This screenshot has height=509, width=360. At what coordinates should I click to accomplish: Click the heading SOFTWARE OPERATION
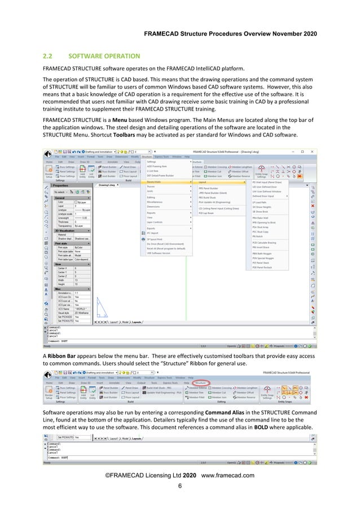(x=104, y=56)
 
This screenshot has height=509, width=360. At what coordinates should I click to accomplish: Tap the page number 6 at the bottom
(x=180, y=486)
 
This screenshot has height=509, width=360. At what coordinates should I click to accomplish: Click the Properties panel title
(x=61, y=185)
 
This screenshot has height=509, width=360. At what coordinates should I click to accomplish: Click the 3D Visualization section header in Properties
(x=65, y=231)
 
